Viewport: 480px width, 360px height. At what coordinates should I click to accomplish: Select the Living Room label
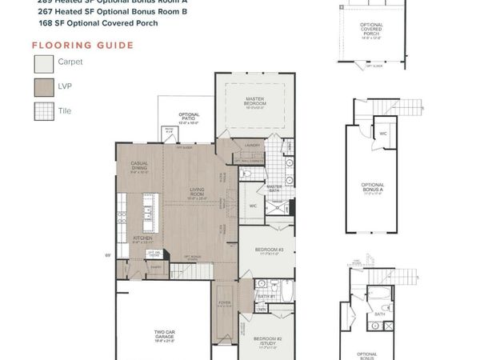198,193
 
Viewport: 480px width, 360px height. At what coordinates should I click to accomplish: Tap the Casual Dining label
139,166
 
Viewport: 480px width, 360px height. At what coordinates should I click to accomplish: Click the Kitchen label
142,238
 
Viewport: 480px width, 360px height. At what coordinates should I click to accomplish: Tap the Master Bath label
274,187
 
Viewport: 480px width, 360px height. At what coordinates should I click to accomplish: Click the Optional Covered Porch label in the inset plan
371,30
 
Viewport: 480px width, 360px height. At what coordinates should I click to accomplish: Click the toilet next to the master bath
247,172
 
